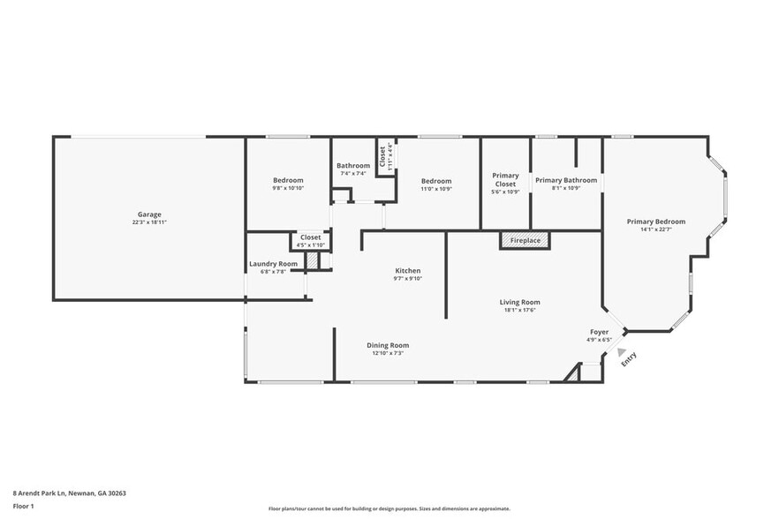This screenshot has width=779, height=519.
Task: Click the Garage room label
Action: pyautogui.click(x=148, y=214)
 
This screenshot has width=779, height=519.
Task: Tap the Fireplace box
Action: pyautogui.click(x=525, y=239)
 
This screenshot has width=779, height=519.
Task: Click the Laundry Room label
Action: pyautogui.click(x=273, y=264)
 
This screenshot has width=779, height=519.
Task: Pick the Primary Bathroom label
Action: pyautogui.click(x=565, y=180)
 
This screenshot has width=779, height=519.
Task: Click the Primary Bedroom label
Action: pyautogui.click(x=655, y=222)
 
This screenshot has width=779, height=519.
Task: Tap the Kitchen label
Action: pyautogui.click(x=407, y=271)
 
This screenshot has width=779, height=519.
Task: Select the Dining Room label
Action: pyautogui.click(x=388, y=345)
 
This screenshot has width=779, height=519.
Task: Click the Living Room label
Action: pyautogui.click(x=519, y=302)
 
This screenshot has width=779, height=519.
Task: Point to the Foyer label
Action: pyautogui.click(x=599, y=332)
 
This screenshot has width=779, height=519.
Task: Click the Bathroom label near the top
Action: pyautogui.click(x=352, y=166)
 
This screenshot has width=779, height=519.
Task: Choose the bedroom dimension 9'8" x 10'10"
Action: pyautogui.click(x=288, y=188)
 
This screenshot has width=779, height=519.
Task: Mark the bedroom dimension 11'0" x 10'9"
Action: pyautogui.click(x=436, y=188)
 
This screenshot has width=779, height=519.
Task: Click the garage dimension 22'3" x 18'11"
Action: pyautogui.click(x=148, y=222)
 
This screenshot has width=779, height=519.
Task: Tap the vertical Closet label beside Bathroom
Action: pyautogui.click(x=382, y=156)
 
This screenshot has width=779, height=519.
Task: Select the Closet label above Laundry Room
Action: pyautogui.click(x=310, y=237)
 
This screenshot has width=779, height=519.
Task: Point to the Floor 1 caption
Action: pyautogui.click(x=23, y=506)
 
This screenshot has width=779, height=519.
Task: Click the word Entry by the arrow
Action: pyautogui.click(x=630, y=360)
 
